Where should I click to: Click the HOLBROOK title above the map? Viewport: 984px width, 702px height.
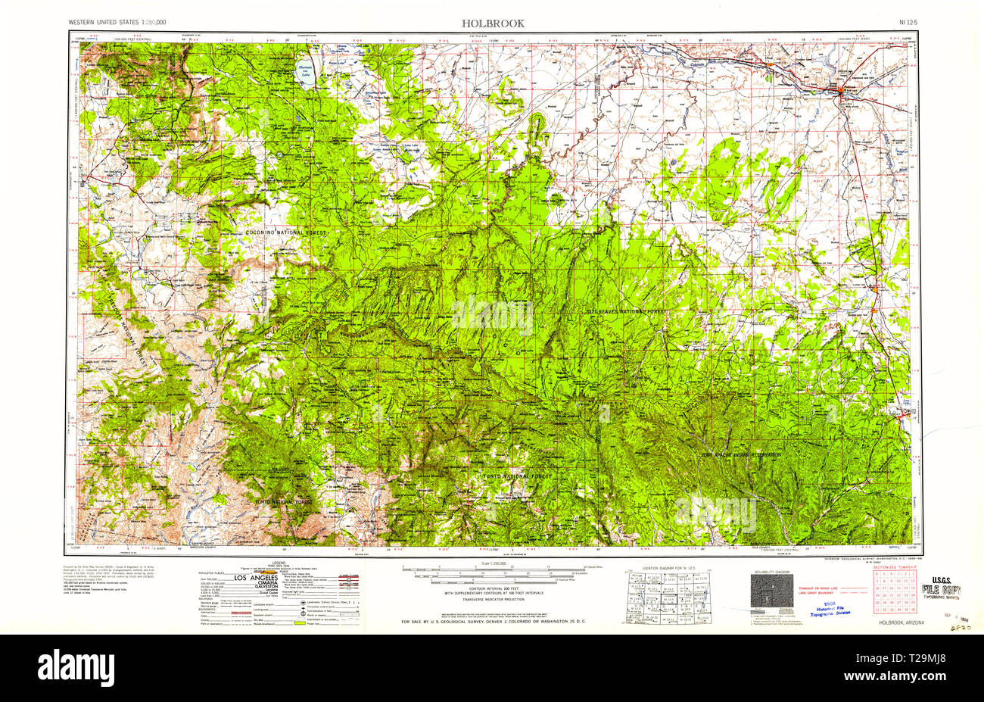pos(493,23)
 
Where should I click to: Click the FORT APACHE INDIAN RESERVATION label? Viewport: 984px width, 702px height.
pos(740,454)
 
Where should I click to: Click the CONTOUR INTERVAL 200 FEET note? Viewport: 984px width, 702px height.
pos(492,588)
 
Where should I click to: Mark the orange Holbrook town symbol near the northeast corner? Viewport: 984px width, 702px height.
pos(842,92)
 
